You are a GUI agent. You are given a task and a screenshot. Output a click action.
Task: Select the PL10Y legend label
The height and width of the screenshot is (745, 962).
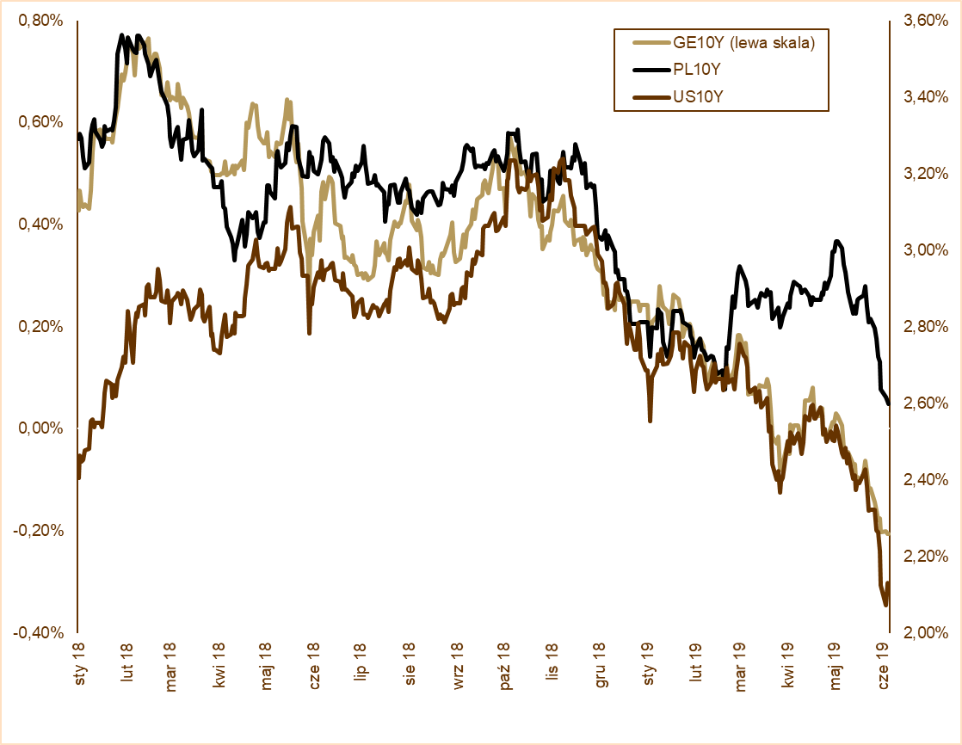click(x=696, y=70)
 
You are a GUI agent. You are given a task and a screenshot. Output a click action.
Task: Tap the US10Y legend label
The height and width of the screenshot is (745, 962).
click(x=698, y=97)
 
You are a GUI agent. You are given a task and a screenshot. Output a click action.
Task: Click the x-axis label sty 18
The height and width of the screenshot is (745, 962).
click(x=78, y=662)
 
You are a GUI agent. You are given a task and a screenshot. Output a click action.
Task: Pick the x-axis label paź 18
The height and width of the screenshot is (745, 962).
click(x=505, y=661)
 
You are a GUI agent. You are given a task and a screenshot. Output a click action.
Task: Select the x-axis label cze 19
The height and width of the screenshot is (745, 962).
click(x=881, y=661)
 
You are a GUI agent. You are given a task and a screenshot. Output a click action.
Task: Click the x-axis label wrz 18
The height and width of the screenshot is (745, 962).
click(x=458, y=661)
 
